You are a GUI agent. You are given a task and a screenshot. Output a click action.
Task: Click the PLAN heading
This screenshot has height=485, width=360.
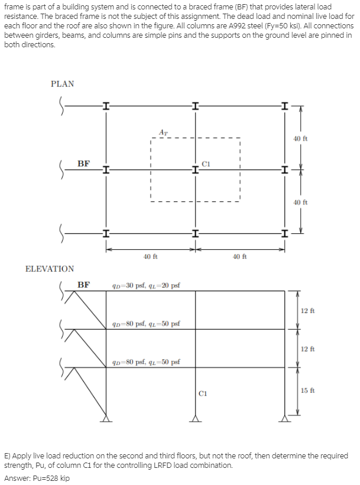(62, 84)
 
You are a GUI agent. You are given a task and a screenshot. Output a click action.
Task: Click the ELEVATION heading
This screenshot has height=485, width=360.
(50, 269)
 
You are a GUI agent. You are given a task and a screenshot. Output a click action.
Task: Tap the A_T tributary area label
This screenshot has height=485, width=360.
(163, 131)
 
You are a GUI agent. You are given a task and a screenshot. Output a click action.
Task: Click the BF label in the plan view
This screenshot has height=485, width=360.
(84, 163)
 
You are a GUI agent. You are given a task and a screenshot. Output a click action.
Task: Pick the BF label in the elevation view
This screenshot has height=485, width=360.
(84, 285)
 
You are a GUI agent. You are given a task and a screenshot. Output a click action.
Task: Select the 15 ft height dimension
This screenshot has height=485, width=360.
(307, 390)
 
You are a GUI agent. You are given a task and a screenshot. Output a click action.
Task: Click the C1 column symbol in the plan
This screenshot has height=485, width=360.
(195, 170)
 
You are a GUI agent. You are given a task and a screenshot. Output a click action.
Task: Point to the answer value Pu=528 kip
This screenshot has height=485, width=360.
(53, 478)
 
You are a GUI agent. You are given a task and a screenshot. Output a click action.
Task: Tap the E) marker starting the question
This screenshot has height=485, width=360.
(8, 456)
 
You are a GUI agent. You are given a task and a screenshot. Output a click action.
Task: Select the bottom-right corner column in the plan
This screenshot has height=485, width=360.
(285, 235)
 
